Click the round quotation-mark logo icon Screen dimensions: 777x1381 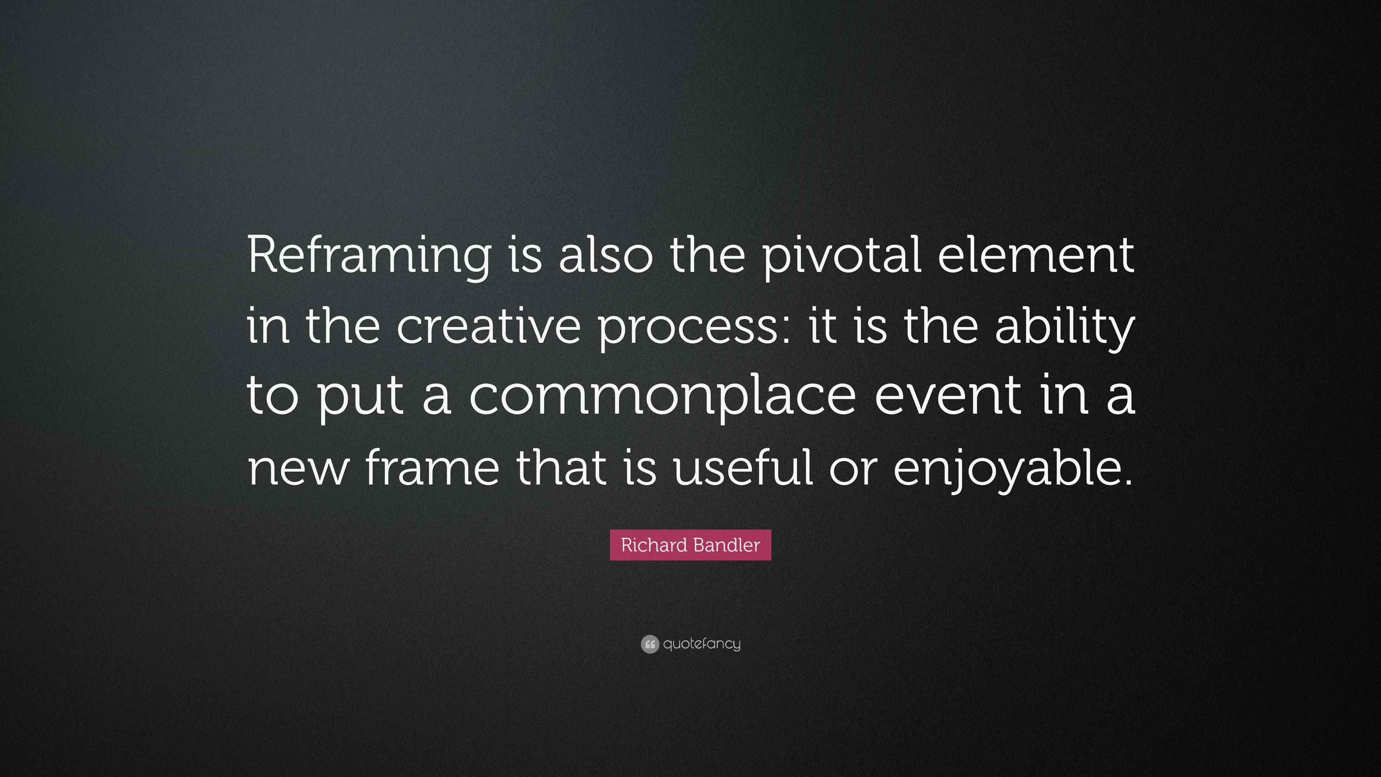click(x=649, y=644)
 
